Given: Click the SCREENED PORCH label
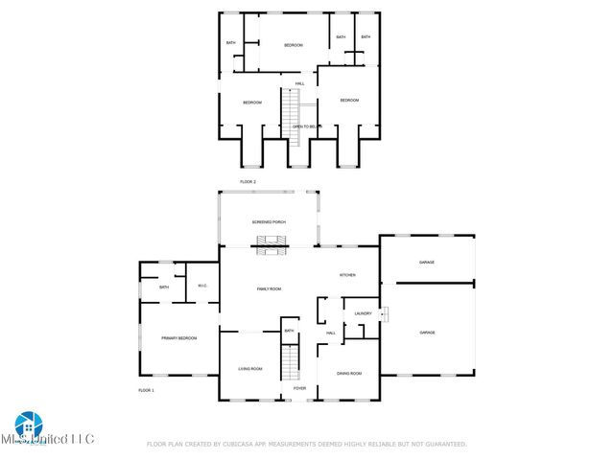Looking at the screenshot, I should (269, 222).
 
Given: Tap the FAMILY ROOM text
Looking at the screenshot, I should (269, 288).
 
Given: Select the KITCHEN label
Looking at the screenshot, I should (347, 275).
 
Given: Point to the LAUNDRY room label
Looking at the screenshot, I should (363, 313).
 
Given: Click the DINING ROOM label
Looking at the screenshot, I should (349, 373).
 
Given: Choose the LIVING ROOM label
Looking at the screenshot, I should (250, 369).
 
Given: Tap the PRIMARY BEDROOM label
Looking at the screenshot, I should (179, 338).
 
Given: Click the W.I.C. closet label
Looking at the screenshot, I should (202, 286).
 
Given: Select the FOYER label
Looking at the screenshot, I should (300, 388).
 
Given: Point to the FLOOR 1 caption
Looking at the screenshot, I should (146, 390).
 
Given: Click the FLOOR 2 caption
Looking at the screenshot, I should (248, 181).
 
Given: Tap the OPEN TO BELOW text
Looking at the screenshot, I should (306, 126).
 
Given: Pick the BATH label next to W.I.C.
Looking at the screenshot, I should (164, 287).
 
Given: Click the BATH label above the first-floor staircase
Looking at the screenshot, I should (289, 332).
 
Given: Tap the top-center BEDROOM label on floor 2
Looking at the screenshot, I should (293, 45).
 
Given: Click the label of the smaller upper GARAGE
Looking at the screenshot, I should (427, 262).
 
